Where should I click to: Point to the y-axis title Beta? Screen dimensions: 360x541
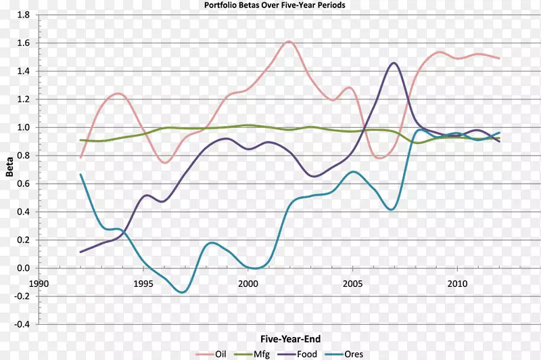pos(9,170)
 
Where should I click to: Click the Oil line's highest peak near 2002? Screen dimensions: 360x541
pos(289,41)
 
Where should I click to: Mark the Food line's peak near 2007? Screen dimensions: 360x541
pos(394,63)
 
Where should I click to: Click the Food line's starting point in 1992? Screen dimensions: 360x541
pos(80,252)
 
